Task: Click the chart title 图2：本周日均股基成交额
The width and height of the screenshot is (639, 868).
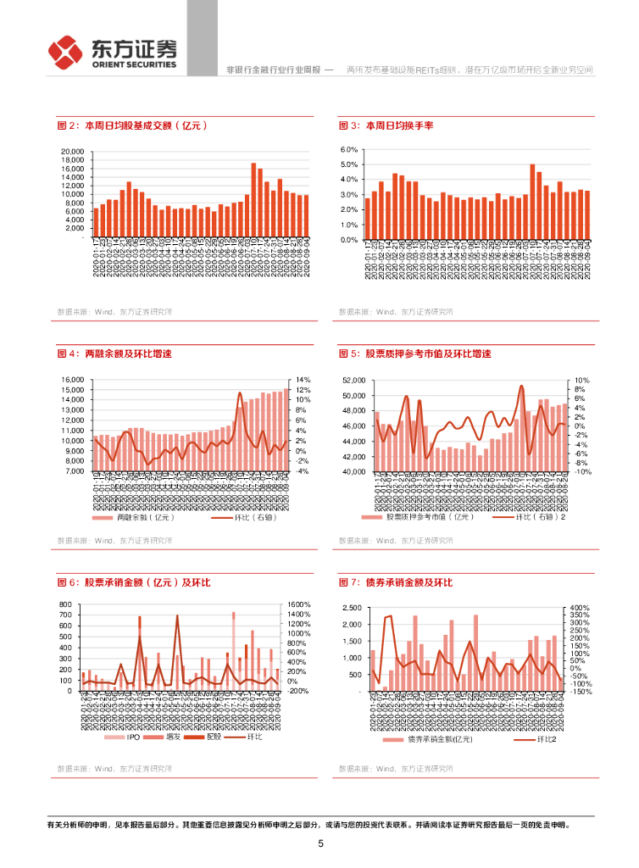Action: pos(132,125)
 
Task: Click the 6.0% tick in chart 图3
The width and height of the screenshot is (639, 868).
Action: pos(349,149)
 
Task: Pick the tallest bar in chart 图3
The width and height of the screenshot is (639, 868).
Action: pos(532,202)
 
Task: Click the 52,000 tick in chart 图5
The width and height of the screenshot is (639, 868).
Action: pos(353,381)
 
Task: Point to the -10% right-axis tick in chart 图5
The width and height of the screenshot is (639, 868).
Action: pos(581,471)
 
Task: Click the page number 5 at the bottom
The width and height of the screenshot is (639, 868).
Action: pos(320,843)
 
